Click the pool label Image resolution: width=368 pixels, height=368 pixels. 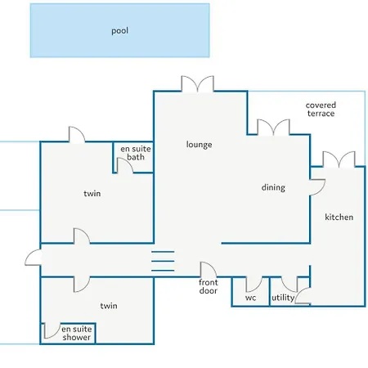click(119, 31)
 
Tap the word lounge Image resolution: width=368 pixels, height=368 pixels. click(199, 145)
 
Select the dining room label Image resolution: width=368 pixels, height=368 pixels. click(273, 187)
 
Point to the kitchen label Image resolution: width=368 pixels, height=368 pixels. click(339, 217)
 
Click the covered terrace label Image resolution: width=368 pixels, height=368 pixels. click(321, 110)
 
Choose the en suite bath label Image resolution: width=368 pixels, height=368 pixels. click(136, 153)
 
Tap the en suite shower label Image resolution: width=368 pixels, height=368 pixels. click(77, 333)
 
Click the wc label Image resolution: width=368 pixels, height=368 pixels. click(250, 298)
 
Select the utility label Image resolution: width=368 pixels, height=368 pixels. click(283, 297)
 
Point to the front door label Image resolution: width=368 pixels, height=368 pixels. click(209, 286)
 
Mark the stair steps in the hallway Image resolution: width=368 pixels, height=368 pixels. click(163, 261)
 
